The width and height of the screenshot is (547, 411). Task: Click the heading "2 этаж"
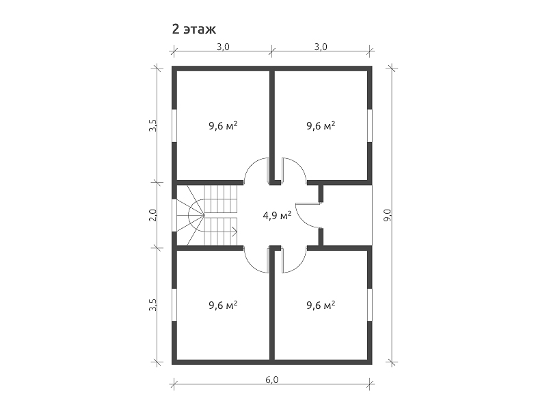coord(194,29)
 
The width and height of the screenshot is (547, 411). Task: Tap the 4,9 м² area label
coord(277,215)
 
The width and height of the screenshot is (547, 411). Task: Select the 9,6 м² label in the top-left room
coord(223,125)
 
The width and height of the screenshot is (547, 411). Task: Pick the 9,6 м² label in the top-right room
coord(321,125)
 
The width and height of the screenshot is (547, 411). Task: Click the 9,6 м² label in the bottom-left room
coord(223,305)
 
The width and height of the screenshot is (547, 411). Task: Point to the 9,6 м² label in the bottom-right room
coord(321,305)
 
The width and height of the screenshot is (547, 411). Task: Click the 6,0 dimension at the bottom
coord(272,379)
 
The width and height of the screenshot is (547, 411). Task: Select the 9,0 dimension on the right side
coord(388,216)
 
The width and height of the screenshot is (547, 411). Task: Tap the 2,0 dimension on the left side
coord(152,215)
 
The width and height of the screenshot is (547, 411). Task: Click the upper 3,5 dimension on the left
coord(152,125)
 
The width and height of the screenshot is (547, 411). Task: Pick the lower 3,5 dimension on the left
coord(152,305)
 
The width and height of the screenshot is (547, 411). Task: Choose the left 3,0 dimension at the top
coord(223,47)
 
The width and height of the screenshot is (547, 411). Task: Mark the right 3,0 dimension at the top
coord(321,47)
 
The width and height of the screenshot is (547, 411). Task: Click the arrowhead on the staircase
coord(235,232)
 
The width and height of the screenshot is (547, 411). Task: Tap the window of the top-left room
coord(174,125)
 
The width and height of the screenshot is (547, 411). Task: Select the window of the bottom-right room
coord(370,305)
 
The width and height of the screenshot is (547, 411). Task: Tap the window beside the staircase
coord(174,216)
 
